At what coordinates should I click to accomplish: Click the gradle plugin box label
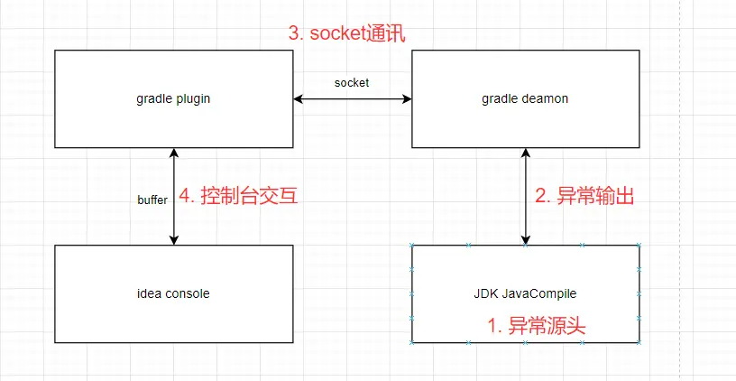[174, 98]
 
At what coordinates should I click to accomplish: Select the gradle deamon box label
[526, 98]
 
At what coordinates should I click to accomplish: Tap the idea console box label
[174, 293]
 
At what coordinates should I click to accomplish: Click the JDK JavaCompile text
[526, 293]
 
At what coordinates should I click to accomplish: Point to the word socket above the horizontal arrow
[352, 82]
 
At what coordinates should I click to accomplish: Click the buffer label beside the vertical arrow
[152, 200]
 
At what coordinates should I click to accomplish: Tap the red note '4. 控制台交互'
[239, 196]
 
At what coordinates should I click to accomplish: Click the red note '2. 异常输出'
[584, 196]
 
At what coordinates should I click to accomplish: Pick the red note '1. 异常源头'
[537, 326]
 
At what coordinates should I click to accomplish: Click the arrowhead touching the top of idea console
[174, 239]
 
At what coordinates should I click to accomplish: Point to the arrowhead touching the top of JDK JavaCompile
[526, 239]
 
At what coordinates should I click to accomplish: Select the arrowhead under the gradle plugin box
[174, 153]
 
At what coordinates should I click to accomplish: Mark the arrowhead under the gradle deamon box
[526, 153]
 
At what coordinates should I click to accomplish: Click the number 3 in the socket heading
[294, 33]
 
